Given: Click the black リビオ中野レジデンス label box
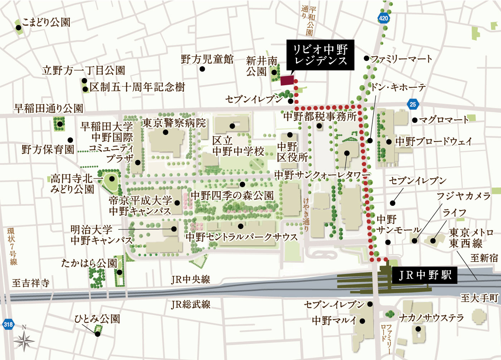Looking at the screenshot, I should click(x=320, y=55).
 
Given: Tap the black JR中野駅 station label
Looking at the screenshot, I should click(x=425, y=275).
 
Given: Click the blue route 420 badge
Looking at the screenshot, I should click(x=383, y=18).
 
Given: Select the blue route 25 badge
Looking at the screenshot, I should click(x=413, y=104).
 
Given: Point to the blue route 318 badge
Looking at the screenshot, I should click(x=8, y=325).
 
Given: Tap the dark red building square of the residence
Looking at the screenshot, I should click(x=287, y=81).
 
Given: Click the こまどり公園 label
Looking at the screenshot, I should click(x=46, y=22).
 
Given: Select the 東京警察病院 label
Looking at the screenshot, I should click(x=174, y=123).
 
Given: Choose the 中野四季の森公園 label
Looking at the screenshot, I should click(x=232, y=195).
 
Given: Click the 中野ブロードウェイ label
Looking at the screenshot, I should click(x=434, y=141).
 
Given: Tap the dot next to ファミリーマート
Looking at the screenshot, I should click(x=366, y=58).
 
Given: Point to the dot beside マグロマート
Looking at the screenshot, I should click(x=414, y=120).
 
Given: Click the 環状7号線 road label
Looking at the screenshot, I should click(x=13, y=247).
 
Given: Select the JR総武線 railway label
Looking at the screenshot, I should click(x=191, y=305).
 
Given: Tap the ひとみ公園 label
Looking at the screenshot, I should click(x=97, y=319).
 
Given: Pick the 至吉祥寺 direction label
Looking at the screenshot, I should click(x=31, y=283).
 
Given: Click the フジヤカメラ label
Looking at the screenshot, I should click(x=463, y=196).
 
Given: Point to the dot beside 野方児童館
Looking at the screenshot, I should click(x=202, y=69).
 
